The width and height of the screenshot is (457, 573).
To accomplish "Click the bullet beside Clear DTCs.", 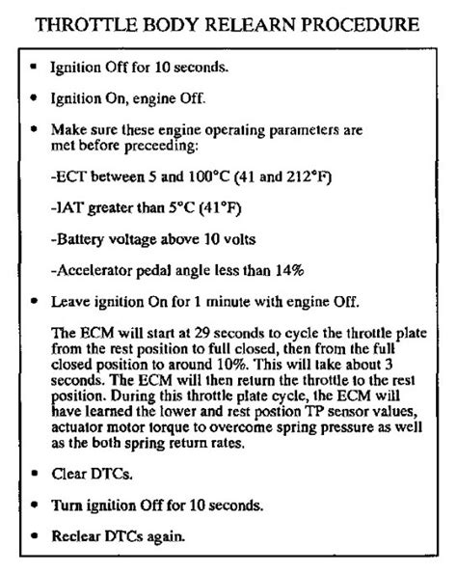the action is [36, 474].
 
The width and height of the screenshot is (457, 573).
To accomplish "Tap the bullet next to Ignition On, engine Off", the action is [36, 98].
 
